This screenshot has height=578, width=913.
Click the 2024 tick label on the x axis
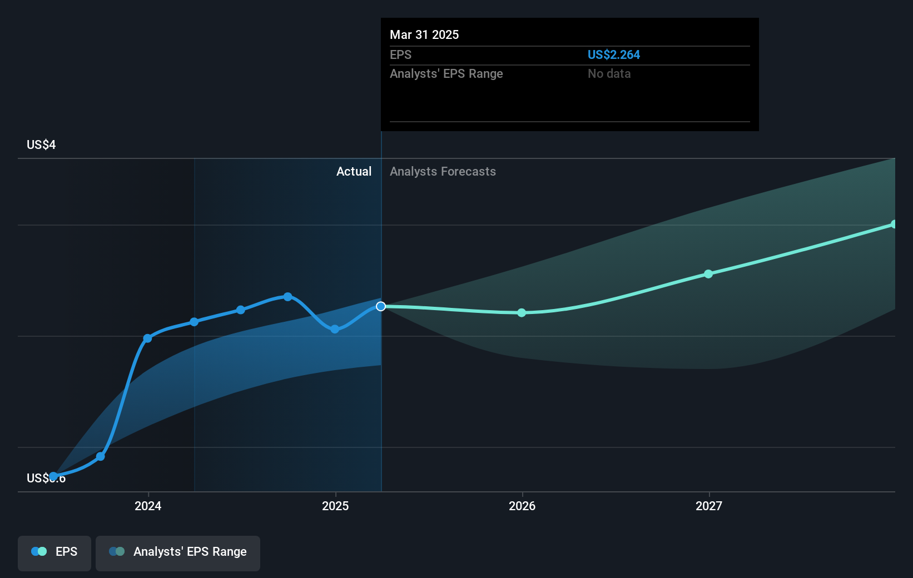pyautogui.click(x=148, y=506)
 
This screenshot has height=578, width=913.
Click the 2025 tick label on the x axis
pyautogui.click(x=335, y=506)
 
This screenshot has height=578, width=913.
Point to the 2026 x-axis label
pyautogui.click(x=522, y=506)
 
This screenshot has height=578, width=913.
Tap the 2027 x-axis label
pyautogui.click(x=709, y=506)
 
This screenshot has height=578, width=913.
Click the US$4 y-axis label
pyautogui.click(x=41, y=145)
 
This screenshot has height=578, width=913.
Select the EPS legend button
pyautogui.click(x=54, y=552)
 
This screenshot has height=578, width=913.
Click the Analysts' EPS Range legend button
pyautogui.click(x=178, y=552)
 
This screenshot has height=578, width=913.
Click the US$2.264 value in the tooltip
pyautogui.click(x=613, y=54)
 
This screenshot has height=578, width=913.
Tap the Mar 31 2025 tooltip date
pyautogui.click(x=424, y=34)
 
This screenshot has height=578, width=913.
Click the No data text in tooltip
pyautogui.click(x=609, y=73)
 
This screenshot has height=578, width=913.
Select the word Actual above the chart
pyautogui.click(x=354, y=171)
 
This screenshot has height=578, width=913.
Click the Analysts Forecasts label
pyautogui.click(x=443, y=171)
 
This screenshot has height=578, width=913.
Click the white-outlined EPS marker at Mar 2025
pyautogui.click(x=381, y=306)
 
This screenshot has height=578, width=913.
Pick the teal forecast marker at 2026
pyautogui.click(x=522, y=313)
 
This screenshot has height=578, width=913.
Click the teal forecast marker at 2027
pyautogui.click(x=708, y=274)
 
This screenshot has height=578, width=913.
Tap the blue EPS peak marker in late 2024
pyautogui.click(x=287, y=297)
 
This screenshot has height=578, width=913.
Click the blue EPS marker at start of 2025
pyautogui.click(x=335, y=329)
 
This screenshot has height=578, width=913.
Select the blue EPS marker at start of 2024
pyautogui.click(x=147, y=338)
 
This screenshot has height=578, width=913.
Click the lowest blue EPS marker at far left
pyautogui.click(x=53, y=476)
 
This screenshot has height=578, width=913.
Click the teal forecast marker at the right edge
pyautogui.click(x=894, y=224)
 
